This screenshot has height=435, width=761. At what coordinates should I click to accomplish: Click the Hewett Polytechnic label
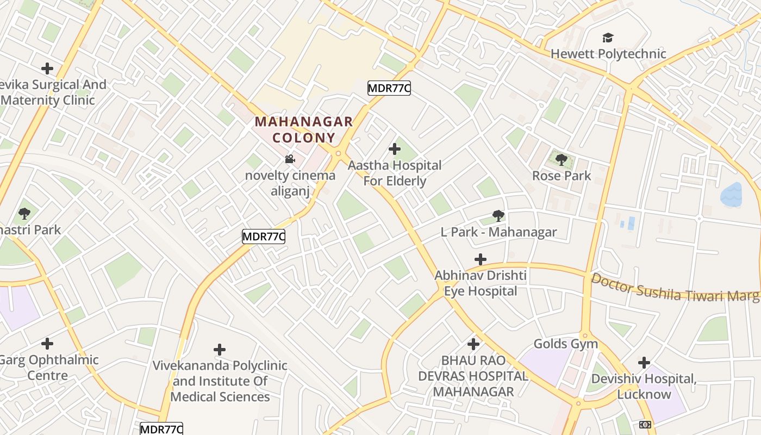coord(608,54)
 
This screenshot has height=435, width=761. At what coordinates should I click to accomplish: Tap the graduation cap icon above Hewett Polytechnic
coord(608,38)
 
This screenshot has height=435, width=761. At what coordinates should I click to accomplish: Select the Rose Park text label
coord(561,176)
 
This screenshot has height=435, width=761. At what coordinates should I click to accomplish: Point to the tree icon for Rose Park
coord(562,160)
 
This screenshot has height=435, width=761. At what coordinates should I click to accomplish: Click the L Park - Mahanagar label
coord(498,232)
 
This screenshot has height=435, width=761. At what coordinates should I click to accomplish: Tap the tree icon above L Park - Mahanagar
coord(498,216)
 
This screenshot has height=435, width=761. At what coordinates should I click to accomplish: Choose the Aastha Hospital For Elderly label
coord(395,173)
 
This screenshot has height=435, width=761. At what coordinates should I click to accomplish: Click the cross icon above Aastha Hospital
coord(395,149)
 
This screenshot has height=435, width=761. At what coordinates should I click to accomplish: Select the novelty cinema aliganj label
coord(290,183)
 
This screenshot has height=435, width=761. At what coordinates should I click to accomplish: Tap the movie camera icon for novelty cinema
coord(290,159)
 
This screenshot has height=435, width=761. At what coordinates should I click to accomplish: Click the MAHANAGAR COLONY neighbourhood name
coord(304,129)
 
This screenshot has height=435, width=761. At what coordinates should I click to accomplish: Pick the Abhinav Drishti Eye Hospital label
coord(481,283)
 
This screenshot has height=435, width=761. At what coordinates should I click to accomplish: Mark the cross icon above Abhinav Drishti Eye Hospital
coord(481,259)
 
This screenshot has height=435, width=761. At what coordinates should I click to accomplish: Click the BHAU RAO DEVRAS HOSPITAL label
coord(473,376)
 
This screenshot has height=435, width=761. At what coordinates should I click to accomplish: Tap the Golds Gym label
coord(565,344)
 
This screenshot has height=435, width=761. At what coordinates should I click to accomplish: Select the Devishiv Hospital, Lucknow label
coord(644,386)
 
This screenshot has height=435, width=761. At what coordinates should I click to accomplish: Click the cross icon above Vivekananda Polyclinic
coord(220,349)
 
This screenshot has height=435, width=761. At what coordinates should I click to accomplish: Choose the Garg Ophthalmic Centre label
coord(49,368)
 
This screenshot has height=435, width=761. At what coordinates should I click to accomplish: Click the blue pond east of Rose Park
coord(731,195)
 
